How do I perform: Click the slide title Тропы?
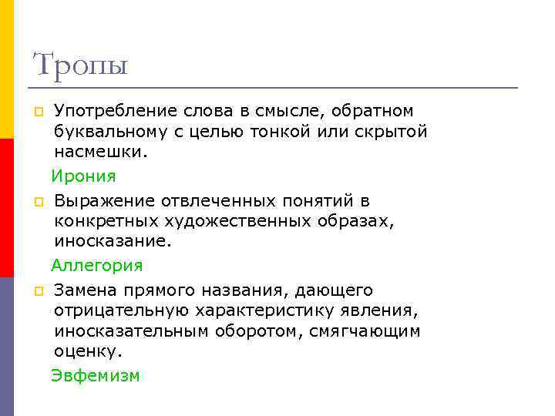80,65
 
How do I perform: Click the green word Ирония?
83,176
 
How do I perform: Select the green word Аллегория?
97,266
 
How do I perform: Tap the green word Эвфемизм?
96,376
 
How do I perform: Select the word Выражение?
104,202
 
